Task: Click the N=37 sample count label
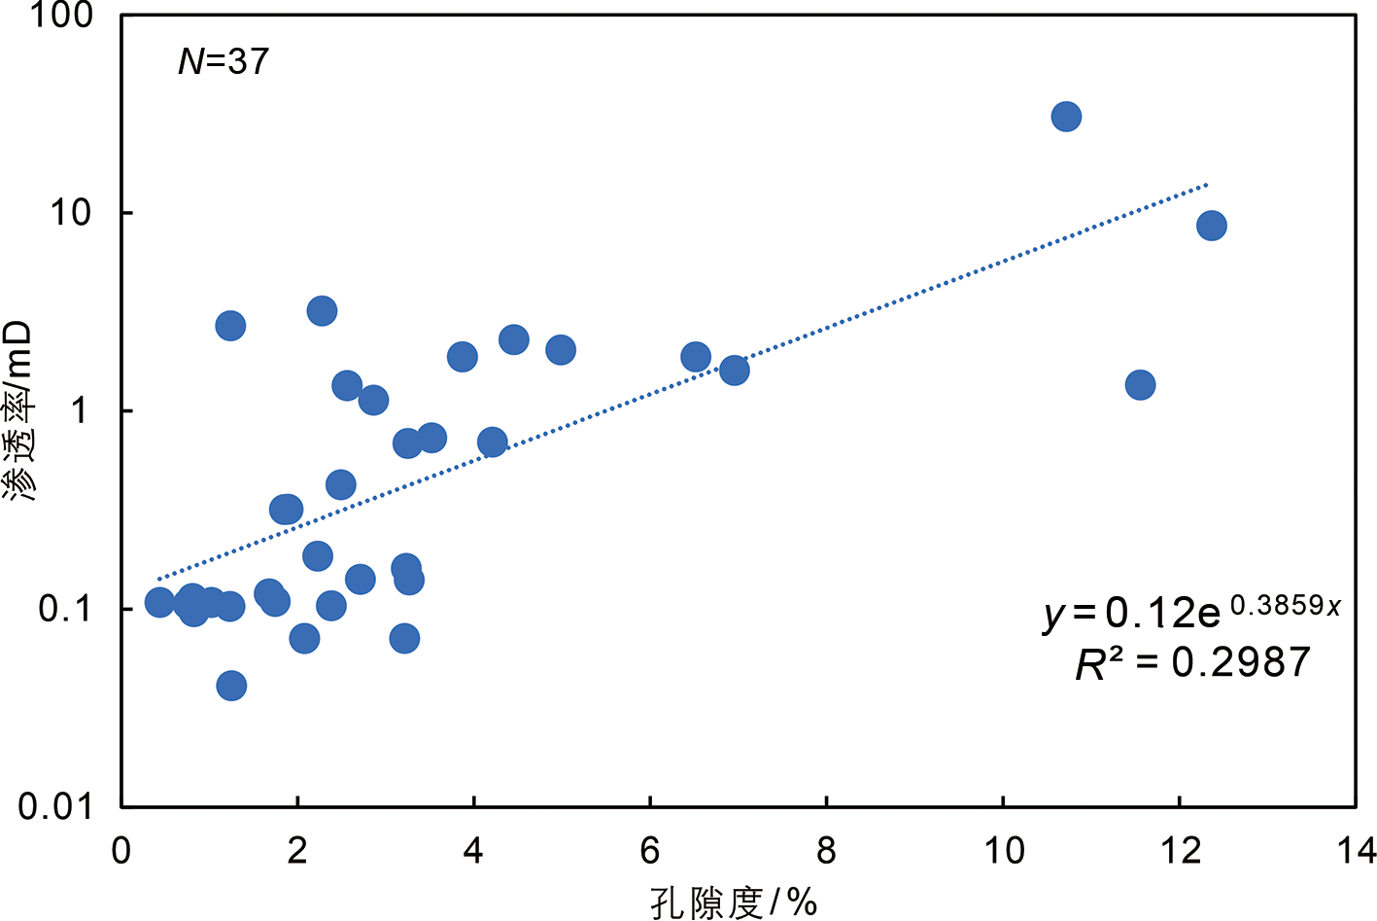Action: (x=224, y=61)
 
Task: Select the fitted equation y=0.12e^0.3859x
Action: (x=1191, y=612)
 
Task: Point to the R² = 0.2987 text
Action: (x=1192, y=663)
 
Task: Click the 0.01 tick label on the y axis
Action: (x=54, y=806)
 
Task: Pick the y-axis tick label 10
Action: (x=71, y=212)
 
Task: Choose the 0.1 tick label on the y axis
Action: (x=64, y=609)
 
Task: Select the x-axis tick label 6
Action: (x=650, y=851)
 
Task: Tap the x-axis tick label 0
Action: (x=121, y=851)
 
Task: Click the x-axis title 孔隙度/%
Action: (x=734, y=903)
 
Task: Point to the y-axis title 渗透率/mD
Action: (x=19, y=411)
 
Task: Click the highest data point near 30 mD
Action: (x=1066, y=117)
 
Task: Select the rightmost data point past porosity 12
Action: (x=1211, y=226)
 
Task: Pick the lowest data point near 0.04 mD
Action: (x=231, y=686)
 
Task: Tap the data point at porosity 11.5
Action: (x=1140, y=385)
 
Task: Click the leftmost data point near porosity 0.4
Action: (x=159, y=603)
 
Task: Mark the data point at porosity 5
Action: (x=561, y=350)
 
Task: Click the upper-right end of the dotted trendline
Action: (x=1206, y=183)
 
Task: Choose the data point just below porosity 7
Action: (x=735, y=370)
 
